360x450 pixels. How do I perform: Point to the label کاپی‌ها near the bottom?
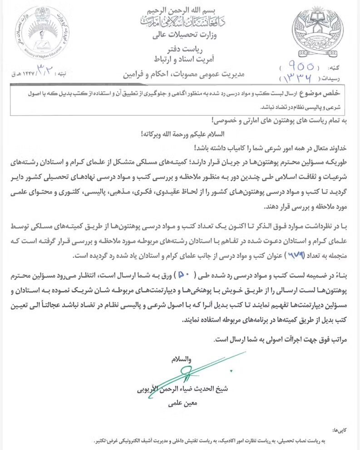click(340, 429)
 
